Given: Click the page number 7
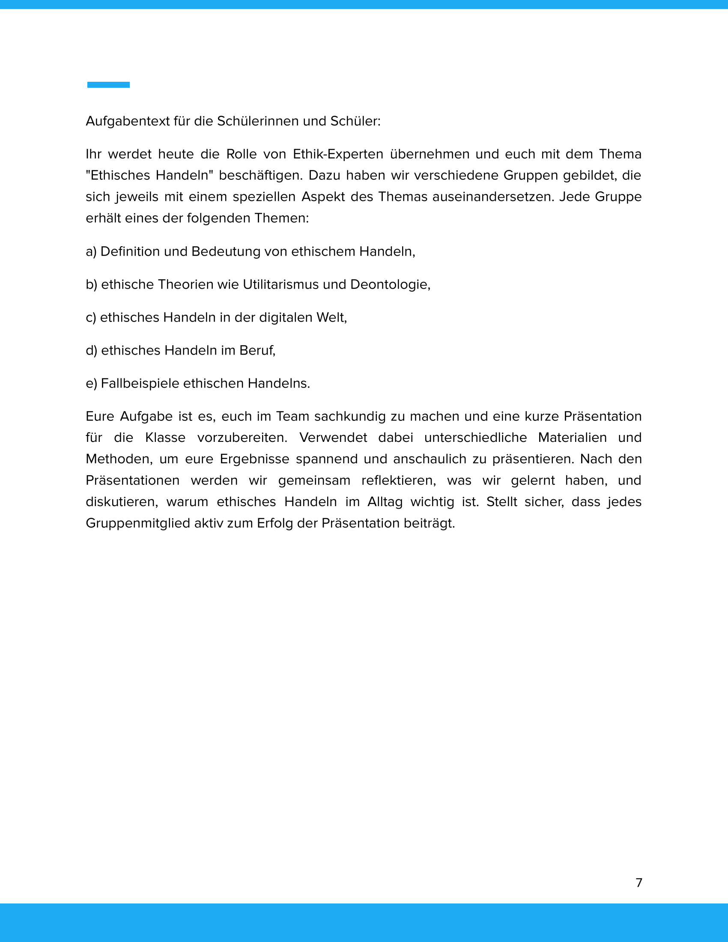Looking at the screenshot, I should [639, 883].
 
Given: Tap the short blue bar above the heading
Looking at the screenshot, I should [108, 85].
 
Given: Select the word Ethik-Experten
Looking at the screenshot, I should [338, 154].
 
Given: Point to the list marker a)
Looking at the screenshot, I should [91, 251].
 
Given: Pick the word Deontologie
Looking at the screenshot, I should [390, 285].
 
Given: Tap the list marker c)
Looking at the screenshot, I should [91, 317].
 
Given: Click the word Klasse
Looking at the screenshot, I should [165, 438].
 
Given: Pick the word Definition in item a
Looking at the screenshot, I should [130, 251].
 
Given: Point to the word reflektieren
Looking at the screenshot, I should [399, 480].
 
